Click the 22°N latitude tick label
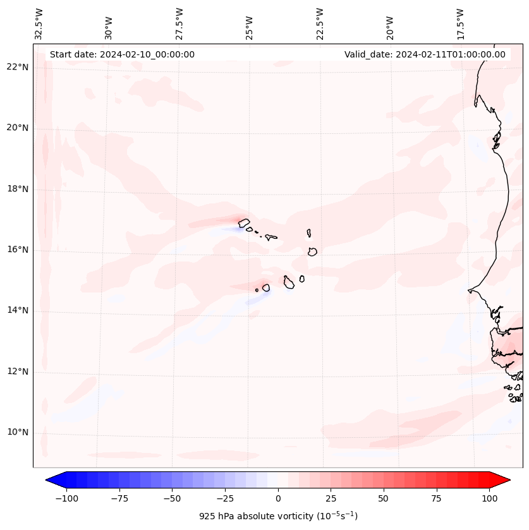pos(18,67)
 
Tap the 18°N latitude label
pos(18,189)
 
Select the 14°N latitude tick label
pos(18,310)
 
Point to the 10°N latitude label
pos(18,432)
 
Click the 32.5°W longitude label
pos(39,23)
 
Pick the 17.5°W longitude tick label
pos(460,23)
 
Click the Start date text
pos(122,54)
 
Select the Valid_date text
pos(425,54)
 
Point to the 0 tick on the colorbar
pos(278,498)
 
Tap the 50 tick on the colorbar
pos(384,498)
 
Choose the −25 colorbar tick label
pos(225,498)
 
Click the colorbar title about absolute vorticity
pos(278,516)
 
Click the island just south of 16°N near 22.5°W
pos(312,251)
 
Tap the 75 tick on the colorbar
pos(436,498)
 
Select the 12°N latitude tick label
pos(18,371)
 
